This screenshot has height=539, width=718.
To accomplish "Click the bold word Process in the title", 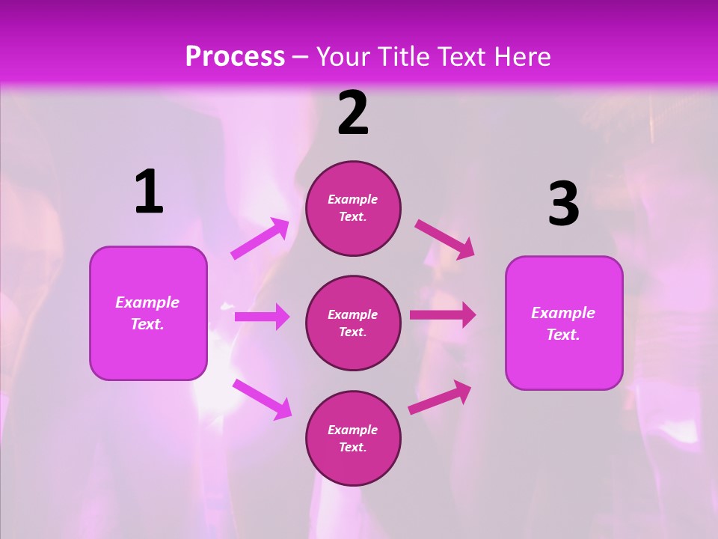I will coord(235,56).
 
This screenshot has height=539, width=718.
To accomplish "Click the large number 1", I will coord(149,192).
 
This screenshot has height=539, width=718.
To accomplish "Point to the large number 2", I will coord(353,113).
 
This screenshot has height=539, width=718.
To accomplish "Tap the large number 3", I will coord(563,204).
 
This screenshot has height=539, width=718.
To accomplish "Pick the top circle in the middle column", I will coord(353,208).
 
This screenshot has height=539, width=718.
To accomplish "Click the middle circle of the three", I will coord(353,323).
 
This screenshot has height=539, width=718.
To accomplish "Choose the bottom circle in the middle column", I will coord(353,439).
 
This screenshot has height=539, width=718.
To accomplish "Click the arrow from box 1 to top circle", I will coord(260,239).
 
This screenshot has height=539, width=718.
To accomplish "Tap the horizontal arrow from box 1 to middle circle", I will coord(262,317).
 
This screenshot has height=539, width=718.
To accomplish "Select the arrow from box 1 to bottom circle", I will coord(262,398).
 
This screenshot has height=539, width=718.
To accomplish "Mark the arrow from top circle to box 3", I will coord(445,239).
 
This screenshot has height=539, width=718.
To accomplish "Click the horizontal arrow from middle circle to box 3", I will coord(443,315).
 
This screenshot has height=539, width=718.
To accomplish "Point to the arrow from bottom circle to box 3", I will coord(441,397).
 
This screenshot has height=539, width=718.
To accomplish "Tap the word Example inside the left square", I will coord(147,302).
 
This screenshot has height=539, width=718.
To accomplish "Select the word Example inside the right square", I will coord(563,313).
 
